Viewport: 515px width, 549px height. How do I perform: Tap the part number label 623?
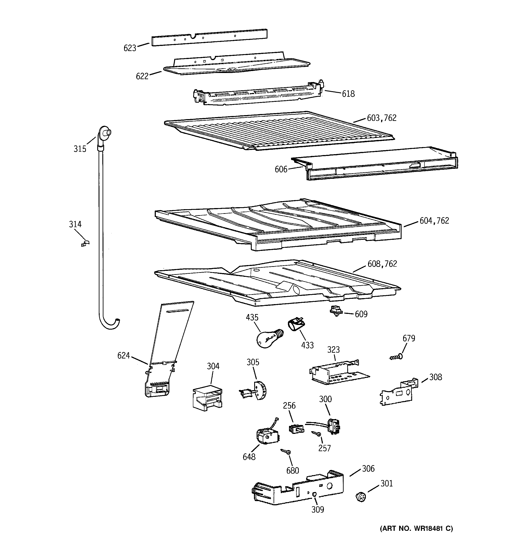tap(130, 48)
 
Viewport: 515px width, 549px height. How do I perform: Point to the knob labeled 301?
tap(360, 497)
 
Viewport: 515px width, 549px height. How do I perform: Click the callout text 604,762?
tap(434, 221)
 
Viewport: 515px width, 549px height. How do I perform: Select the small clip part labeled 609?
tap(336, 311)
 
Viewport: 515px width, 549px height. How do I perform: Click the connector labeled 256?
tap(296, 429)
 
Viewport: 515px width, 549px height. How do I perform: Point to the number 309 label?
tap(317, 509)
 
